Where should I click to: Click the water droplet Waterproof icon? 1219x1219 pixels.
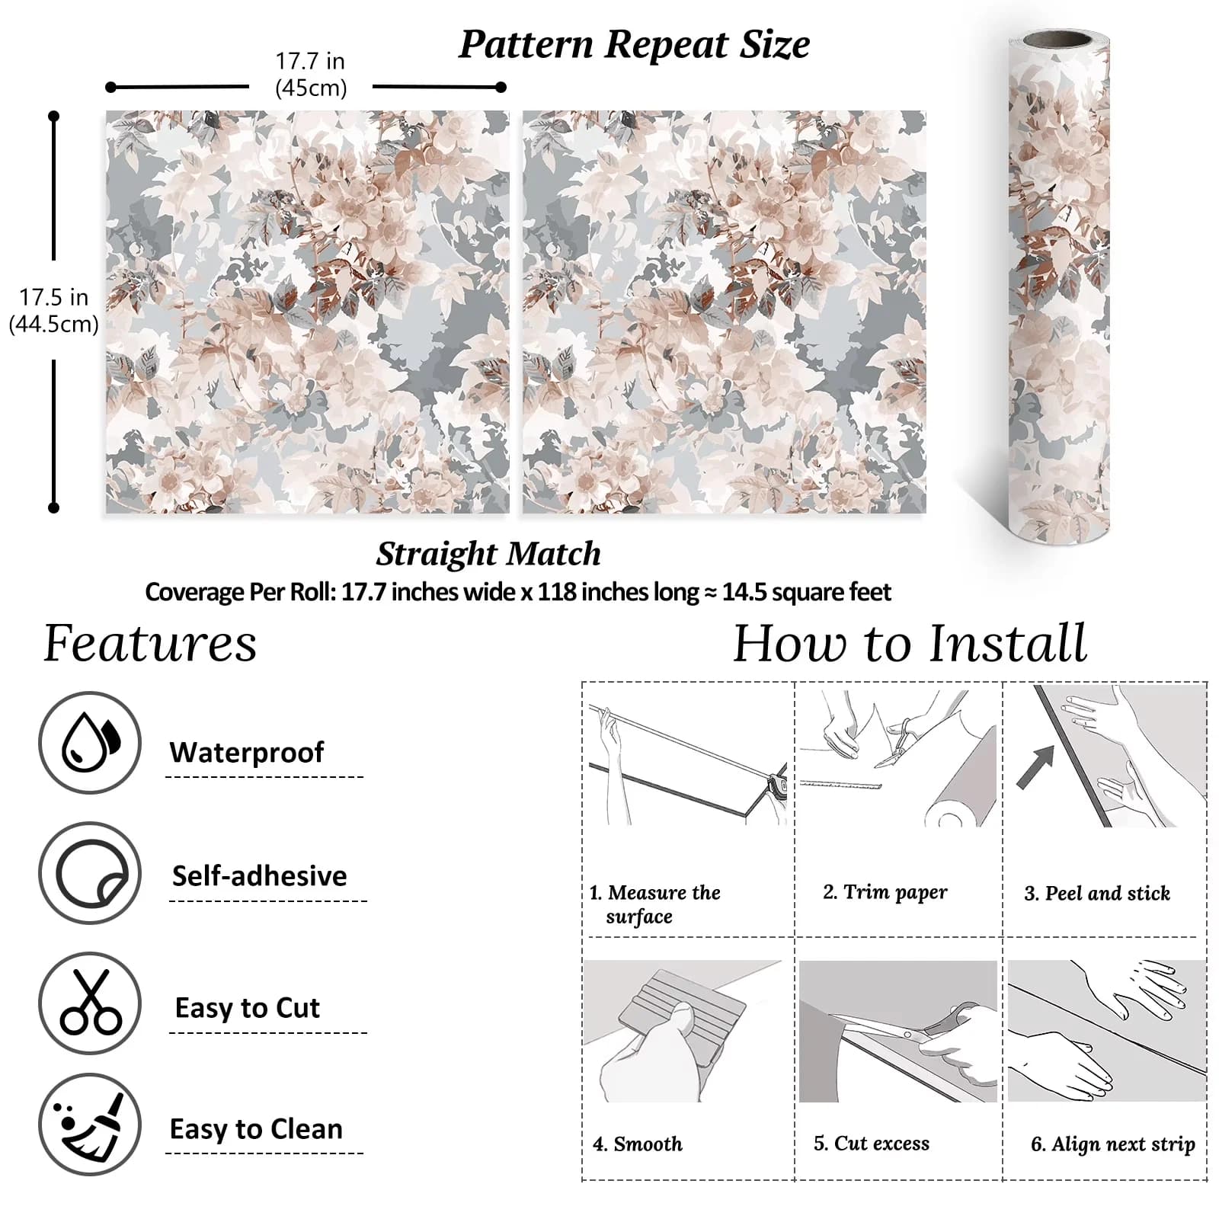[x=90, y=743]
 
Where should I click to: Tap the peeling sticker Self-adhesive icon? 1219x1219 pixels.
[x=90, y=873]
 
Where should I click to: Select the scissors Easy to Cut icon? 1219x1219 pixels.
[x=90, y=1003]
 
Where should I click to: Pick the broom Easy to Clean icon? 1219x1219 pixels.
[x=90, y=1125]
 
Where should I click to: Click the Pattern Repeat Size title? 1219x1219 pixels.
[x=634, y=44]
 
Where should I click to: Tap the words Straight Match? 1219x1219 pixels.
[x=488, y=554]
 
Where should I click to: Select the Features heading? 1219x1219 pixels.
[x=150, y=644]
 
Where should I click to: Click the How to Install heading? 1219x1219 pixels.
[x=910, y=644]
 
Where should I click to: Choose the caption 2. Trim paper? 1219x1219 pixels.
[x=885, y=893]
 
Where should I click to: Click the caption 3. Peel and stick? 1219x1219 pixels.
[x=1097, y=893]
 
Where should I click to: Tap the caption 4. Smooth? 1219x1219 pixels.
[x=638, y=1144]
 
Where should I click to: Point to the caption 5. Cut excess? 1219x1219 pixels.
[x=872, y=1144]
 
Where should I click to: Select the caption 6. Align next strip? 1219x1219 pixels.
[x=1113, y=1144]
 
